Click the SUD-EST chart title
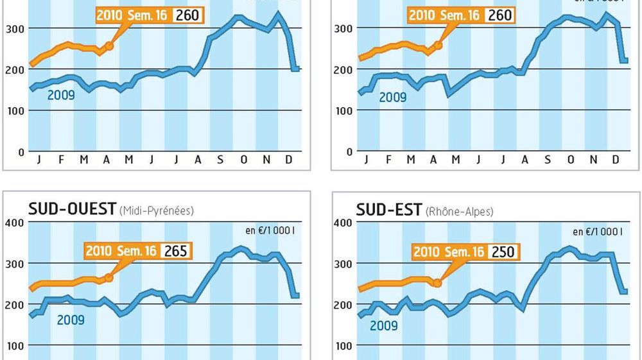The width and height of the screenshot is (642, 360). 389,209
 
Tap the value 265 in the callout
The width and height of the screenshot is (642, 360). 176,250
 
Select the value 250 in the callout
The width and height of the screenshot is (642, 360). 503,251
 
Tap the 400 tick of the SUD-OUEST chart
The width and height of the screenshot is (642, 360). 15,223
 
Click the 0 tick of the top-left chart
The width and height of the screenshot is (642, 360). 21,152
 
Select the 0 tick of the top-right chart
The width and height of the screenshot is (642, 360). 350,152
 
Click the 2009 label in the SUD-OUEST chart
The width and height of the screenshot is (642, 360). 71,318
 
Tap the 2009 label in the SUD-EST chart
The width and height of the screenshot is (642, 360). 384,325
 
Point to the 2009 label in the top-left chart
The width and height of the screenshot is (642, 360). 62,95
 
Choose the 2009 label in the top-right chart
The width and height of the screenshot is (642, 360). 392,98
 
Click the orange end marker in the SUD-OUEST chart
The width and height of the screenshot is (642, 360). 108,277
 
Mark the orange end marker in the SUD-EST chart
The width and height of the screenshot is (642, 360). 437,282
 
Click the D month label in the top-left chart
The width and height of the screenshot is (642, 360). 290,160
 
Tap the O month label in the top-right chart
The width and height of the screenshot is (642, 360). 571,160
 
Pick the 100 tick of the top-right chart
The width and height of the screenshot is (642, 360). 344,110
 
